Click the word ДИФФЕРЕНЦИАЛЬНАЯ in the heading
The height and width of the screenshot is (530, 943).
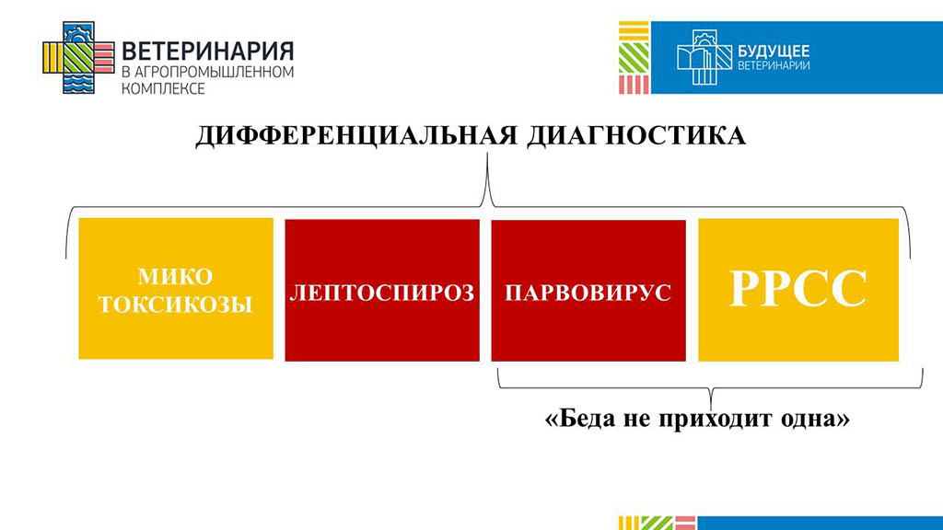tap(356, 136)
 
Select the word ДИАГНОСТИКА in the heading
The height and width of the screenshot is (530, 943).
tap(636, 136)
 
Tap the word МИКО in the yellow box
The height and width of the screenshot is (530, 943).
tap(175, 277)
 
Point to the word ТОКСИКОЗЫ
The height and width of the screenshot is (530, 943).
tap(175, 305)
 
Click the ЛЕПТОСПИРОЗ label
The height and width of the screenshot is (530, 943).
tap(382, 293)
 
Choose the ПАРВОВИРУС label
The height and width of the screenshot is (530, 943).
tap(588, 293)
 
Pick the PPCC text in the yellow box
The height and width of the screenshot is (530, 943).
tap(798, 289)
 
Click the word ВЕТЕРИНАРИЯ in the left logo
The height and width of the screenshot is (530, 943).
tap(208, 52)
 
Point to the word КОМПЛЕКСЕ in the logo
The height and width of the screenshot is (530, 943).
tap(164, 89)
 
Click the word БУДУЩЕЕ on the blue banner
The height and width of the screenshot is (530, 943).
tap(774, 52)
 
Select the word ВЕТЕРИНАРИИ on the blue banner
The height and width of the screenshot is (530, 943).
tap(774, 65)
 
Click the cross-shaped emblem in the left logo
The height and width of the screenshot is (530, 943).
tap(79, 58)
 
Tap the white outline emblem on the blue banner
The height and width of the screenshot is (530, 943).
tap(704, 57)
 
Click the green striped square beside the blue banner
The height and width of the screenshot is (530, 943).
tap(634, 58)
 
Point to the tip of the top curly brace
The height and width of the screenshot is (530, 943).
tap(487, 154)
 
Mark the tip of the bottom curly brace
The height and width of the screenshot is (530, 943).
tap(711, 409)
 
